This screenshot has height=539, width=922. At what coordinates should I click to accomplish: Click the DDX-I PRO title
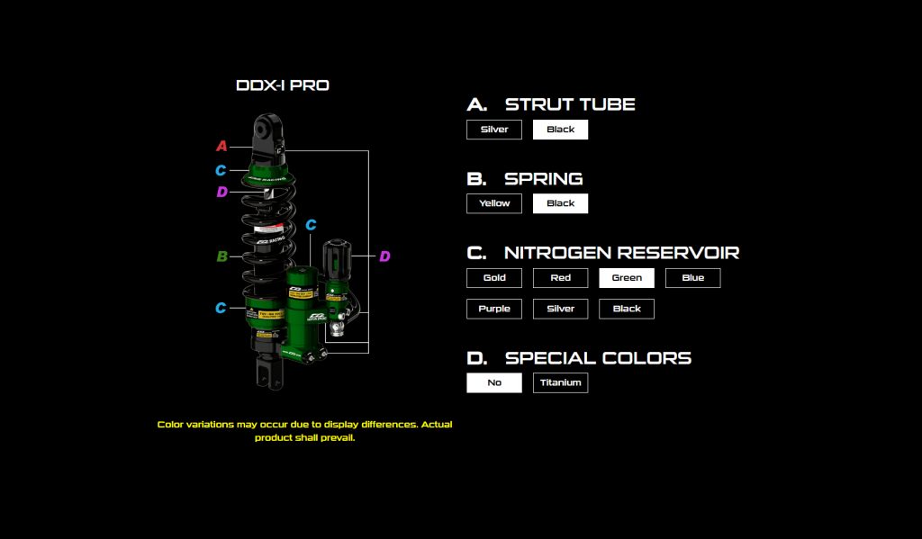[282, 86]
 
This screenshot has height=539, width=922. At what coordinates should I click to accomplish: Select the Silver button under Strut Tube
[494, 130]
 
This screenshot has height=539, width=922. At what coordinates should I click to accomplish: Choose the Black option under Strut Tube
[560, 130]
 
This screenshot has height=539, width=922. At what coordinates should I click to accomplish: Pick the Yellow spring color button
[494, 203]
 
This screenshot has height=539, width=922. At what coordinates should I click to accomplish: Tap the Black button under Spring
[560, 203]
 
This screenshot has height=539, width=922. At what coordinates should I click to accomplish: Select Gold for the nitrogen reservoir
[494, 278]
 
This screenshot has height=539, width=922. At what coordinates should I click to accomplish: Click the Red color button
[560, 278]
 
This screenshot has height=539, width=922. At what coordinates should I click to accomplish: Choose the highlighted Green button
[627, 278]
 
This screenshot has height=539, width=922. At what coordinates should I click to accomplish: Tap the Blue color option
[692, 278]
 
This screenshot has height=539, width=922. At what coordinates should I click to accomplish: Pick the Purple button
[494, 309]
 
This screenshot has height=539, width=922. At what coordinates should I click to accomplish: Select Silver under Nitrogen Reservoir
[560, 309]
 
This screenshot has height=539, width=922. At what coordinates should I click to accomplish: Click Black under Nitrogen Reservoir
[627, 309]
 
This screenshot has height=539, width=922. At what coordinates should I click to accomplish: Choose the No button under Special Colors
[494, 382]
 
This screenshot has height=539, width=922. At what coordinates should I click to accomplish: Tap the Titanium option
[560, 382]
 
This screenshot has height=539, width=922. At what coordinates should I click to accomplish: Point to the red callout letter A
[221, 146]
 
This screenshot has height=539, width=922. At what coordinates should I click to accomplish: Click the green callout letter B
[221, 256]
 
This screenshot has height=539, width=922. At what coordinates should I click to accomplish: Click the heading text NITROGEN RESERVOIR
[621, 253]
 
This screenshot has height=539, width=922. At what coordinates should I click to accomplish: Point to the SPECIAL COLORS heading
[598, 358]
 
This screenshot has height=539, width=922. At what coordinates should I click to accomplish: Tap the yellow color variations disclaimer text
[304, 431]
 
